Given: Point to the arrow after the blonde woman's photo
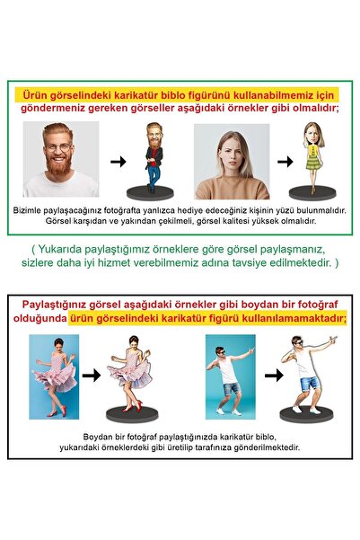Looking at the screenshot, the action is click(284, 163).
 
